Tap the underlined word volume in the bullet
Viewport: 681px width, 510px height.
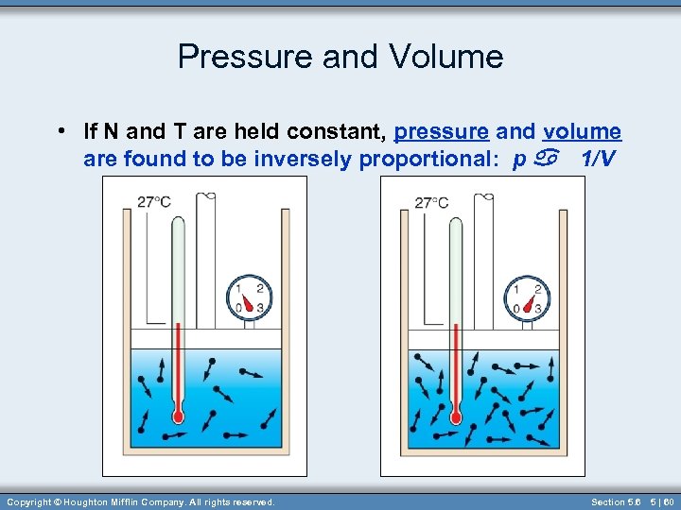[583, 132]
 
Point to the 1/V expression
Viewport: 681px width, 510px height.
[600, 159]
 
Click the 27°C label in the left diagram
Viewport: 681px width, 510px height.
[153, 201]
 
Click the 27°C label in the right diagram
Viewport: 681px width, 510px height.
[431, 201]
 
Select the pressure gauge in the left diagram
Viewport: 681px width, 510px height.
[249, 297]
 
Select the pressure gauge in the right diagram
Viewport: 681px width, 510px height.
[527, 297]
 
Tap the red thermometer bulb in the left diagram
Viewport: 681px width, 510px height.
[178, 416]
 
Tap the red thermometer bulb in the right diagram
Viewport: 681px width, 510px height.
[456, 416]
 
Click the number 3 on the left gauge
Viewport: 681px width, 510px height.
[259, 308]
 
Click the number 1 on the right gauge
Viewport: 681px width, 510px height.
[515, 289]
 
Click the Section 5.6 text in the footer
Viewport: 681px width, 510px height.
[616, 502]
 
